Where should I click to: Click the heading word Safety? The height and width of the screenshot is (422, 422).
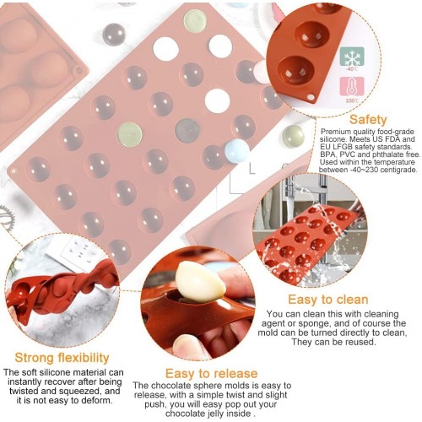tap(368, 120)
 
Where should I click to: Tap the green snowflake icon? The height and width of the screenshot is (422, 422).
tap(352, 57)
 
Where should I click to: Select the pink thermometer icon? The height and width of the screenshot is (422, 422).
tap(352, 86)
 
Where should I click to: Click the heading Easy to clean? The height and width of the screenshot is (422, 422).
tap(328, 300)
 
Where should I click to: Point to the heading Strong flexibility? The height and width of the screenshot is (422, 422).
tap(62, 358)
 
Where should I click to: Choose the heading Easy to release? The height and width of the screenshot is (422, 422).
tap(211, 373)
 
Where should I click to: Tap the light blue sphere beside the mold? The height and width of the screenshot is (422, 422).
tap(237, 151)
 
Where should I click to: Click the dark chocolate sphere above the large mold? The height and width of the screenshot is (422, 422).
tap(114, 34)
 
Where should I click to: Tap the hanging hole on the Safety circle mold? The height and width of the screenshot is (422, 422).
tap(311, 97)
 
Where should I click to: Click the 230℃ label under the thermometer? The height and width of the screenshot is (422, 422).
tap(352, 100)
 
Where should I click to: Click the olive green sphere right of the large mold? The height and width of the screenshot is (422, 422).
tap(293, 136)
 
